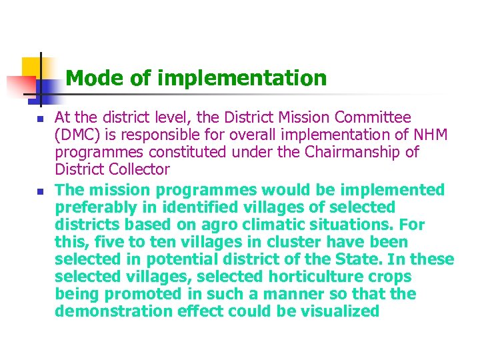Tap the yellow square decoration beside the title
coord(31,67)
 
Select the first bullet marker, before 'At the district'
coord(39,119)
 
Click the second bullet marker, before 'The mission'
coord(39,191)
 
